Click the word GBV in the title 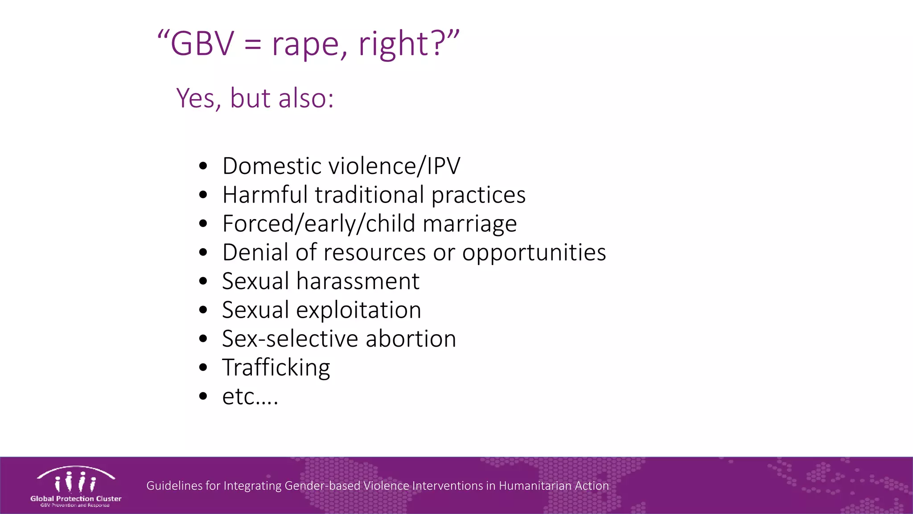pos(202,44)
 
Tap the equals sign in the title pos(252,45)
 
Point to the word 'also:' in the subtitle pos(306,98)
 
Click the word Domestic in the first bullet pos(272,166)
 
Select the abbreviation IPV pos(443,166)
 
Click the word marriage pos(469,224)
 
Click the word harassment pos(358,282)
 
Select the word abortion pos(411,339)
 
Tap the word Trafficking pos(276,368)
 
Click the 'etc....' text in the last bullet pos(250,397)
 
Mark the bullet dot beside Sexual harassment pos(203,282)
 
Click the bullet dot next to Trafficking pos(203,368)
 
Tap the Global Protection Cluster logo pos(76,486)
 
